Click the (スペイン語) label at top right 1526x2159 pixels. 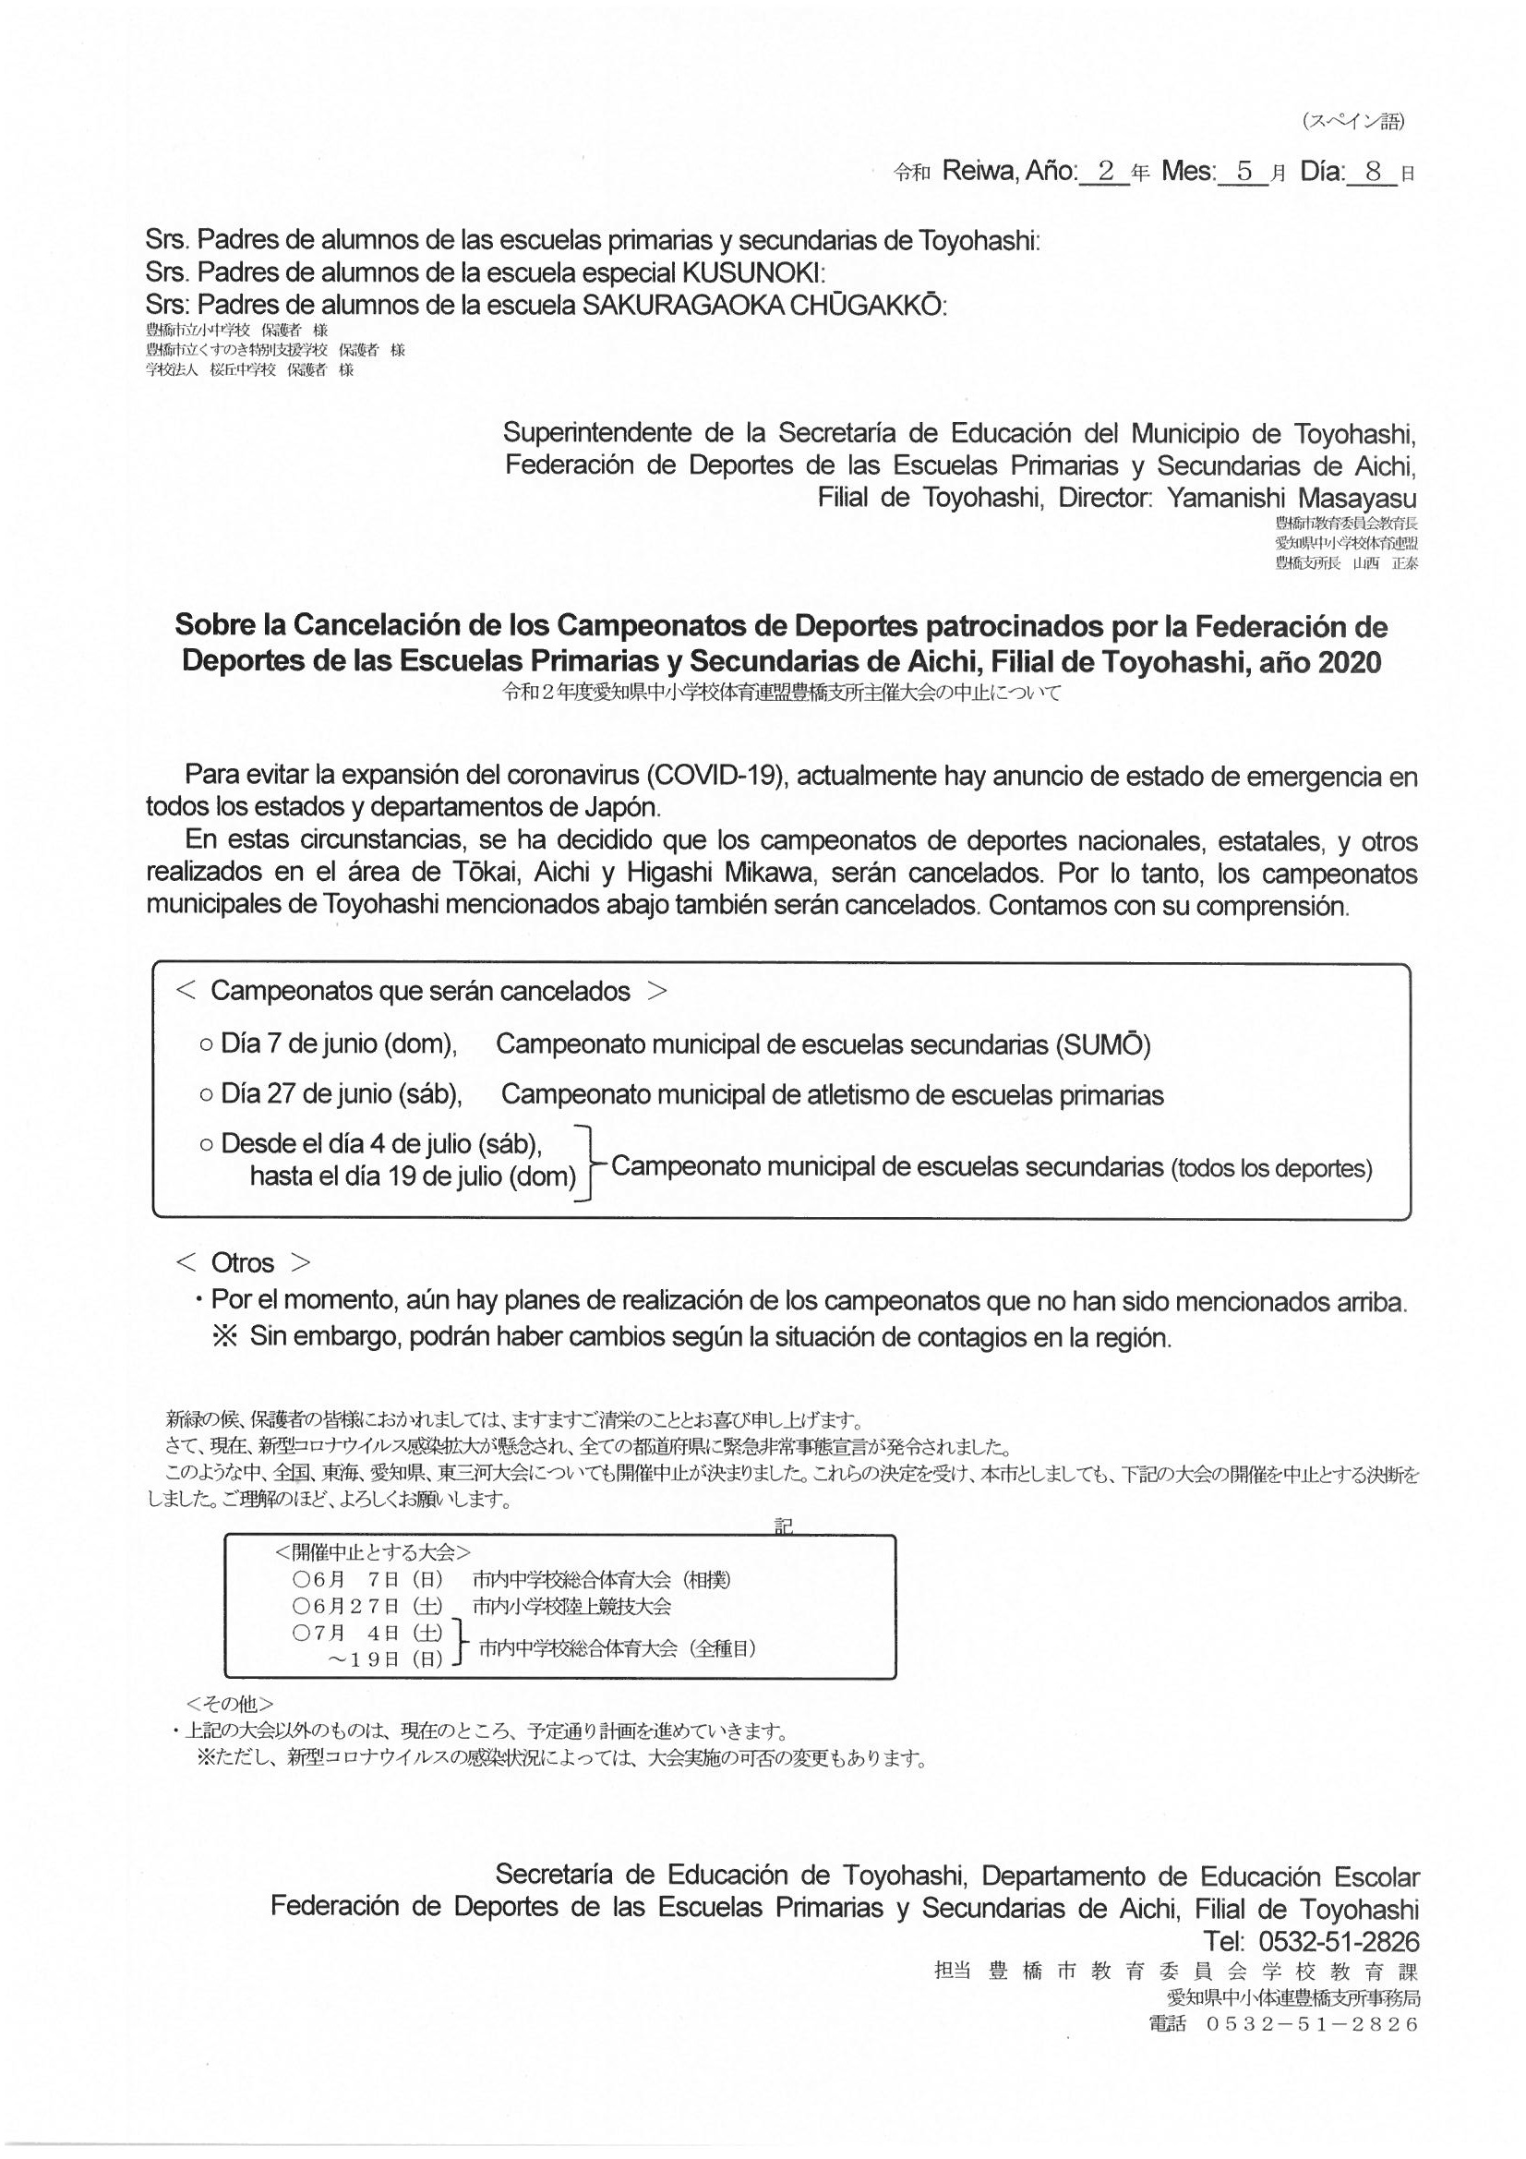(x=1354, y=121)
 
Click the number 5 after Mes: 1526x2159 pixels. (x=1244, y=172)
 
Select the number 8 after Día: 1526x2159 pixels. (x=1374, y=172)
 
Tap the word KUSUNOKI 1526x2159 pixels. (x=751, y=272)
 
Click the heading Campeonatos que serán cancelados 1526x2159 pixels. (x=420, y=991)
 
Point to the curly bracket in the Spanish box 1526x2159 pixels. (x=592, y=1163)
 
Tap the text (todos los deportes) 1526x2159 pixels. (x=1271, y=1169)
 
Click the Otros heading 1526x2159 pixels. (x=243, y=1262)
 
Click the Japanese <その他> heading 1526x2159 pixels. (x=231, y=1703)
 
